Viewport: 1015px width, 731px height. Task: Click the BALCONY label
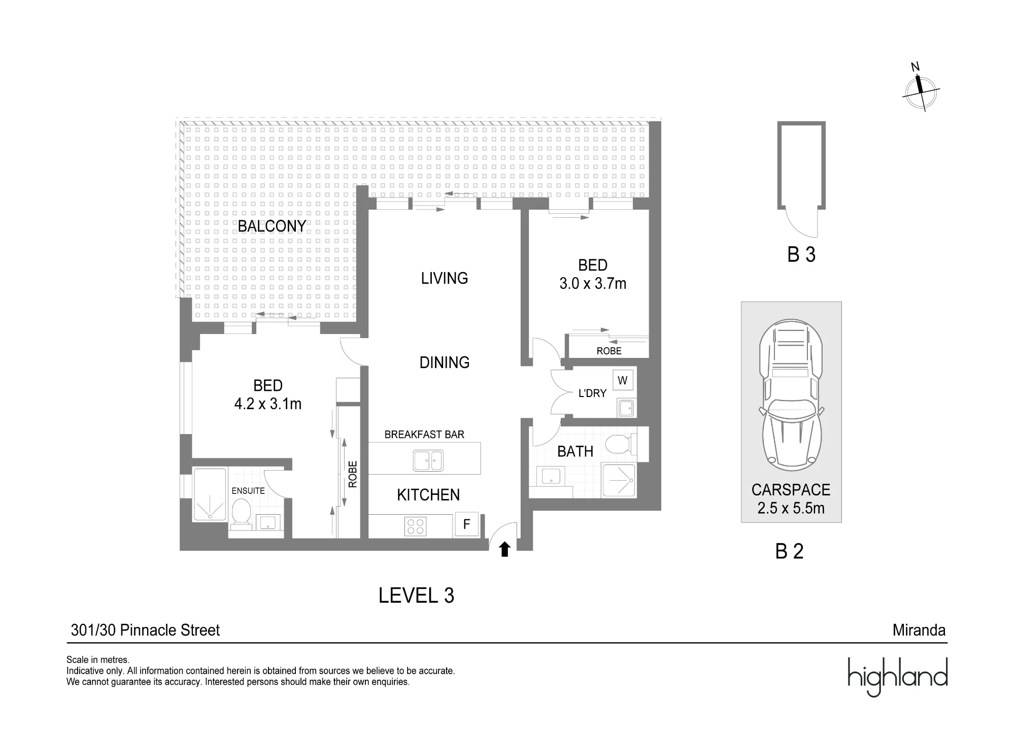pos(272,226)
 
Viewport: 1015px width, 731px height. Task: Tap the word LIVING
pos(445,278)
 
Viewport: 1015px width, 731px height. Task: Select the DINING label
pos(445,362)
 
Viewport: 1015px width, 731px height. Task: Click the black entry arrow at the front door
pos(504,549)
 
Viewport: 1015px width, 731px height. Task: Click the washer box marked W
pos(623,380)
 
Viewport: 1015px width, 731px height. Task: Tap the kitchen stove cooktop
pos(415,526)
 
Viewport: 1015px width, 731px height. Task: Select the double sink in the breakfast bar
pos(428,461)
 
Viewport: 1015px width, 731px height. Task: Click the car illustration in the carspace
pos(791,394)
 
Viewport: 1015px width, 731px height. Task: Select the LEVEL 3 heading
pos(416,595)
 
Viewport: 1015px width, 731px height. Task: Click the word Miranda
pos(919,630)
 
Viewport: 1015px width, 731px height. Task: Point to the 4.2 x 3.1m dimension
pos(268,404)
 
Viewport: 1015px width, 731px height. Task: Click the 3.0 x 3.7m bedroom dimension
pos(593,283)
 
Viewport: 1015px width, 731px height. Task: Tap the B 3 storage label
pos(801,254)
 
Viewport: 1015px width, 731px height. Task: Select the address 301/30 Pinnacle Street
pos(145,630)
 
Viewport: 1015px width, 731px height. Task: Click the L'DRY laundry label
pos(592,393)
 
